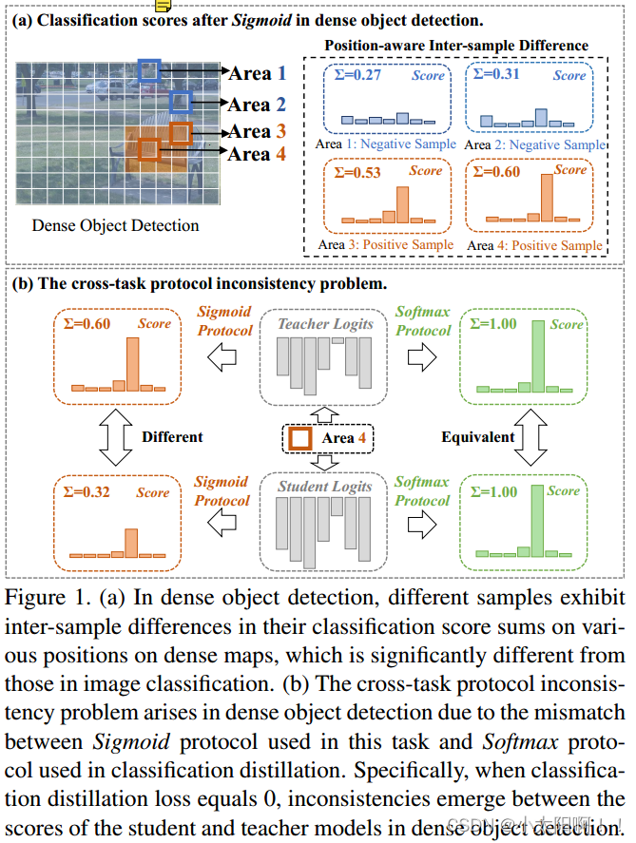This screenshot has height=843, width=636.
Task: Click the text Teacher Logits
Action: pyautogui.click(x=325, y=324)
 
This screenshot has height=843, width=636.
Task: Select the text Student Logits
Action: pyautogui.click(x=325, y=487)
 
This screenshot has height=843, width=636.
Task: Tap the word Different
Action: pyautogui.click(x=172, y=437)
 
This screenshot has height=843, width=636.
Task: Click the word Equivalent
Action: pyautogui.click(x=478, y=437)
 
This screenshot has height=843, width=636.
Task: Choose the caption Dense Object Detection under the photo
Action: pyautogui.click(x=115, y=225)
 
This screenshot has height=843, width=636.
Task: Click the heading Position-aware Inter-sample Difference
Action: pyautogui.click(x=456, y=46)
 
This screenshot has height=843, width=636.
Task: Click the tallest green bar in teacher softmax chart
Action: pyautogui.click(x=539, y=355)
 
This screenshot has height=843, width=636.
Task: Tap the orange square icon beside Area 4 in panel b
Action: pyautogui.click(x=299, y=438)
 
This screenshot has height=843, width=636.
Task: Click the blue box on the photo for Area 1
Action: pyautogui.click(x=149, y=69)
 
